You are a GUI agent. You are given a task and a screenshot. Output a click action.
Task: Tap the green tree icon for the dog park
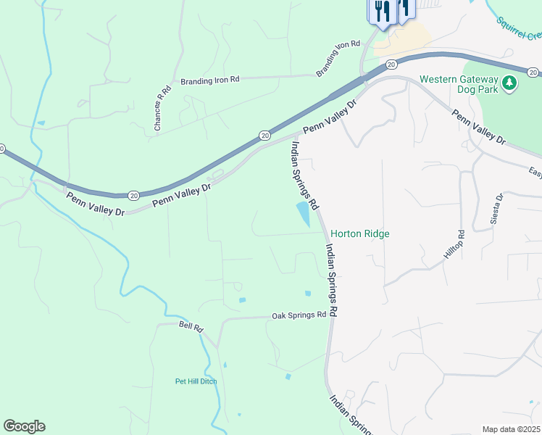pyautogui.click(x=510, y=84)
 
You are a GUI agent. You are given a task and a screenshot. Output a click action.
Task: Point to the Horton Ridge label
pyautogui.click(x=360, y=233)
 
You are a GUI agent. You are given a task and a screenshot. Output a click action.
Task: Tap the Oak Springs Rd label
pyautogui.click(x=299, y=315)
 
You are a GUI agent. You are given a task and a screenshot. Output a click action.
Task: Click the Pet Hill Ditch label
pyautogui.click(x=196, y=381)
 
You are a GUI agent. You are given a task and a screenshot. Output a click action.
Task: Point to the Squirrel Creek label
pyautogui.click(x=520, y=29)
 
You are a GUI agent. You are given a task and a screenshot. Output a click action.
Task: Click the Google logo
pyautogui.click(x=24, y=426)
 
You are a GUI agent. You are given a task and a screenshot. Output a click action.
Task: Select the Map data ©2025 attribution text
pyautogui.click(x=511, y=429)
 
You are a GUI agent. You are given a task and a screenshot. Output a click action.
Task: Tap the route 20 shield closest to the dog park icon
pyautogui.click(x=533, y=72)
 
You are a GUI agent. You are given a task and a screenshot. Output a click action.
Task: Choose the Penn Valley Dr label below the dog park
pyautogui.click(x=478, y=125)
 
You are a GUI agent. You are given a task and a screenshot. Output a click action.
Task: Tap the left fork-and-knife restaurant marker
pyautogui.click(x=382, y=12)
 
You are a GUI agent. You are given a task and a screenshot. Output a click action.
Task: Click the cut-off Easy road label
pyautogui.click(x=535, y=173)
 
